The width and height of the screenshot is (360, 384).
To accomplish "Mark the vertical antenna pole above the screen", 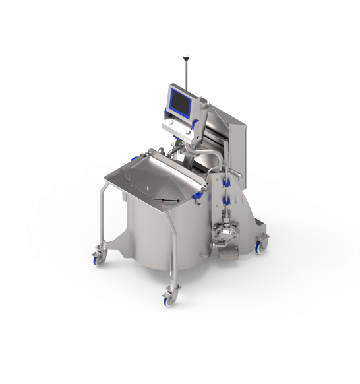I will (186, 73).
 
